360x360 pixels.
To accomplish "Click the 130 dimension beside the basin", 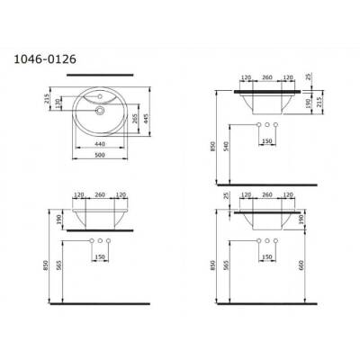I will [60, 105].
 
